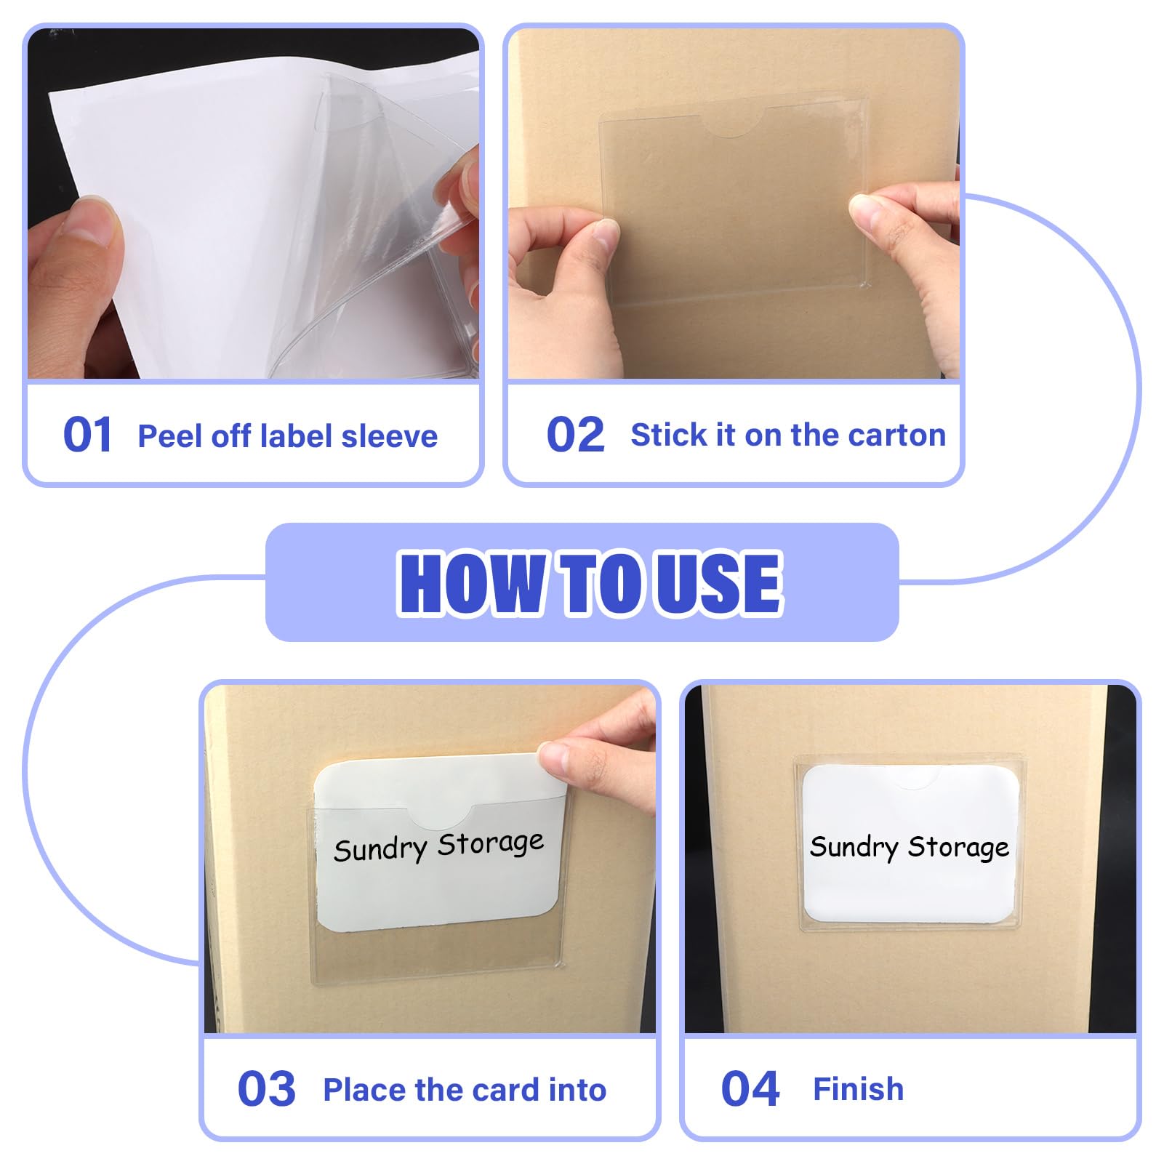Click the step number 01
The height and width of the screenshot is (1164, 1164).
[x=87, y=435]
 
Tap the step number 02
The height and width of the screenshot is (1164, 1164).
[x=575, y=435]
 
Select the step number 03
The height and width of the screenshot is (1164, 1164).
[x=266, y=1088]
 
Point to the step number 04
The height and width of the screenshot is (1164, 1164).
[x=750, y=1088]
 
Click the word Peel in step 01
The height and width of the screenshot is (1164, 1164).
[x=170, y=436]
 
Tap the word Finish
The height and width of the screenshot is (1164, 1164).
[x=859, y=1089]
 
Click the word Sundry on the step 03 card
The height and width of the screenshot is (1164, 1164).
[x=380, y=849]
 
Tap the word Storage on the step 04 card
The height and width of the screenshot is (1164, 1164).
[x=958, y=847]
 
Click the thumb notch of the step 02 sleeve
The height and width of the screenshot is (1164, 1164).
[x=732, y=123]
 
